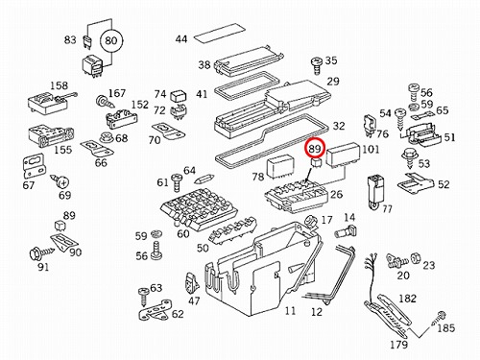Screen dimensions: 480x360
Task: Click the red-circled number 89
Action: [x=315, y=149]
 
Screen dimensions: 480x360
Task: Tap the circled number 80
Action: [x=111, y=41]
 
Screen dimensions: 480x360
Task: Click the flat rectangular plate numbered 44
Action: [x=220, y=34]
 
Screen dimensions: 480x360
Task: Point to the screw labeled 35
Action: [x=317, y=66]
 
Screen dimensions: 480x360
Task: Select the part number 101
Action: [x=371, y=149]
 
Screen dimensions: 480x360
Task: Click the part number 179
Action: [x=398, y=345]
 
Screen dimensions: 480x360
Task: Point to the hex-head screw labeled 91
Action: [x=37, y=254]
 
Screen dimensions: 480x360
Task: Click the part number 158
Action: [x=59, y=85]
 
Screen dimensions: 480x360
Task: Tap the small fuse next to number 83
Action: [x=86, y=42]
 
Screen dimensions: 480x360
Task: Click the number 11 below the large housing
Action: [x=290, y=310]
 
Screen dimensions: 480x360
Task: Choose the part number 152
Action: [x=140, y=105]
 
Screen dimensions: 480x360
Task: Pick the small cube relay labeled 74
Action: [x=177, y=97]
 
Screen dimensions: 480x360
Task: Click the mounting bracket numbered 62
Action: [x=156, y=309]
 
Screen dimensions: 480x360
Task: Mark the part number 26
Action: [x=336, y=194]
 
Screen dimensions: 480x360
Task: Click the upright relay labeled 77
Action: [x=375, y=192]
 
